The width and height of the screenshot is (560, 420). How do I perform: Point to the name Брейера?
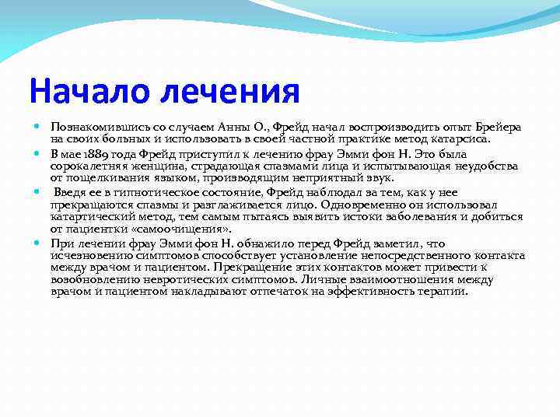pos(498,126)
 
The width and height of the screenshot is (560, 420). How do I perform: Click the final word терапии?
pos(443,292)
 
